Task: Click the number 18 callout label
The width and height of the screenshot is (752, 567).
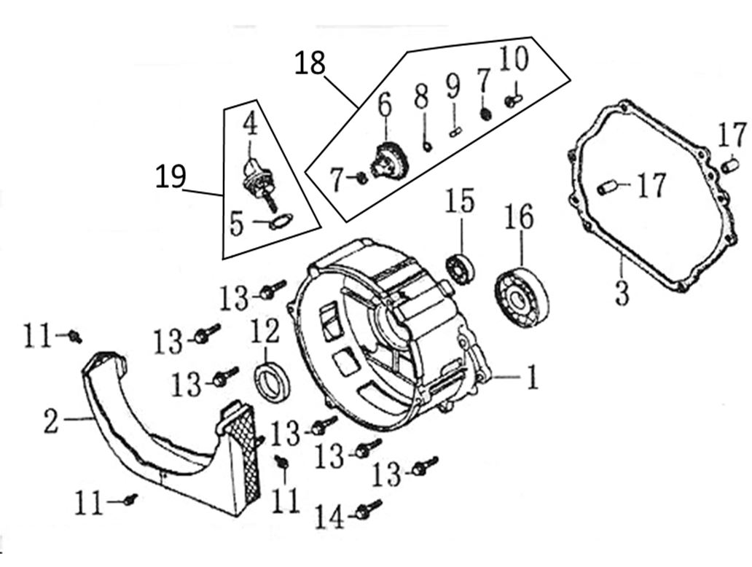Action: [310, 63]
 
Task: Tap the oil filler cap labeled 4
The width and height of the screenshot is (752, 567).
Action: [253, 173]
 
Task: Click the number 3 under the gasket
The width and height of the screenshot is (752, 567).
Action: [621, 294]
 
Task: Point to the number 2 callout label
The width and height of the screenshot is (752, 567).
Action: [50, 421]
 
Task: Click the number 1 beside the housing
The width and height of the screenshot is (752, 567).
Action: [532, 378]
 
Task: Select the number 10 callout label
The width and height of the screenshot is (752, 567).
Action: [514, 58]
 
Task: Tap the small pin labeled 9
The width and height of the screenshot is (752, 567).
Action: [455, 130]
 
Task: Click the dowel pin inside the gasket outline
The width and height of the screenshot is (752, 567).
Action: [607, 189]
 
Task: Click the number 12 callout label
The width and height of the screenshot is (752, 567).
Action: [265, 332]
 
